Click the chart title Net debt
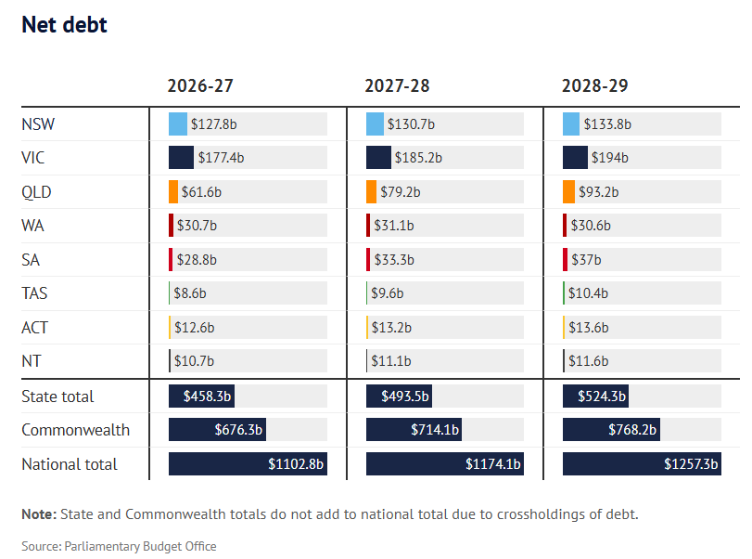(x=64, y=25)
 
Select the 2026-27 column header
(x=199, y=86)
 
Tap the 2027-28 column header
(x=397, y=86)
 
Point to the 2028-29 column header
(x=594, y=86)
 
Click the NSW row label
(x=37, y=124)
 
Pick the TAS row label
(x=34, y=293)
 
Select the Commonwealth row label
(x=75, y=430)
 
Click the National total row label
(x=70, y=464)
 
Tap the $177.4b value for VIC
(x=221, y=158)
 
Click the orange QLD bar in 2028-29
(x=568, y=192)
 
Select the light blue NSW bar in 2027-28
(x=375, y=124)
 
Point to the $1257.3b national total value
(x=691, y=464)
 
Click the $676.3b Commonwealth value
(x=237, y=430)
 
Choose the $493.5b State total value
(x=405, y=396)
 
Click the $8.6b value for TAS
(x=192, y=293)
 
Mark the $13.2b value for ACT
(x=391, y=328)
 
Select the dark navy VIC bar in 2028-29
(x=575, y=158)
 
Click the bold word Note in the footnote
(x=38, y=513)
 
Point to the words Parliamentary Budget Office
(x=140, y=546)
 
